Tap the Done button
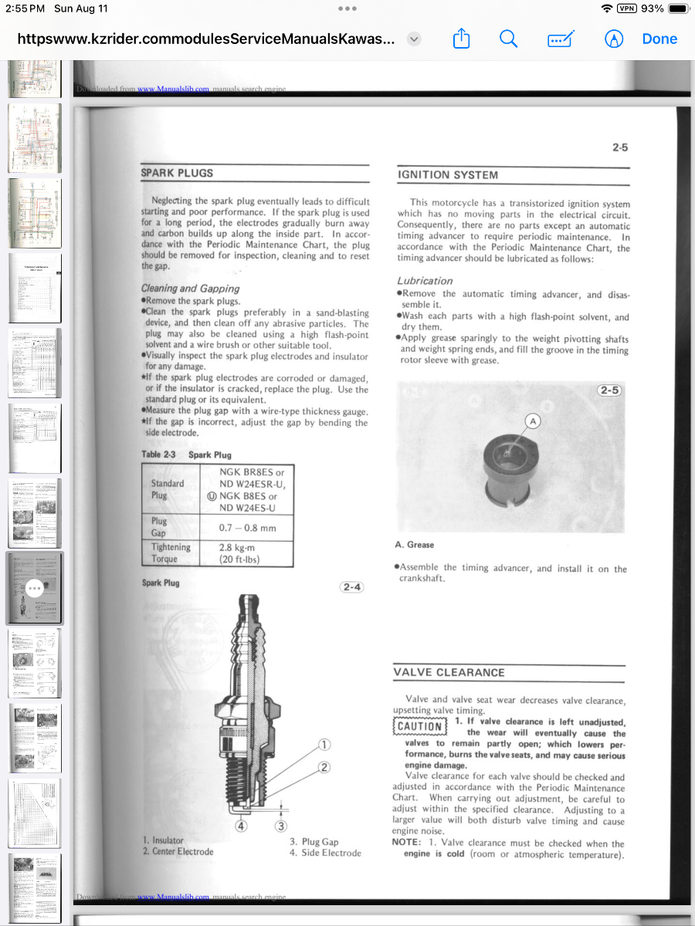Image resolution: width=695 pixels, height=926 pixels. [659, 39]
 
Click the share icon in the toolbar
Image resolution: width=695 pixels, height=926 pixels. [461, 39]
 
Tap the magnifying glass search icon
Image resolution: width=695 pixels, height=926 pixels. [508, 39]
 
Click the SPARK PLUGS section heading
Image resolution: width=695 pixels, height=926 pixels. [177, 173]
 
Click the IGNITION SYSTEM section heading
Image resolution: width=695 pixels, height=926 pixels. [448, 175]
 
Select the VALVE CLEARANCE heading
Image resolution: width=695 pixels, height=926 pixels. [449, 672]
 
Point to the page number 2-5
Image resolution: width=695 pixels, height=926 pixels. [619, 147]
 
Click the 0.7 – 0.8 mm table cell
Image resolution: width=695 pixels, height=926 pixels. [246, 528]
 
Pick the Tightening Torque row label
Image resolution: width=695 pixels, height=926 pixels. [171, 553]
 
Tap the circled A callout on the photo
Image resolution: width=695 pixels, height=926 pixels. [532, 421]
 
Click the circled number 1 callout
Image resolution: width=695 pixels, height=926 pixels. [324, 745]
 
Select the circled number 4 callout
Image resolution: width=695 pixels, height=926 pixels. [241, 826]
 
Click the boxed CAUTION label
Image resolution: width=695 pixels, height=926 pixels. [420, 726]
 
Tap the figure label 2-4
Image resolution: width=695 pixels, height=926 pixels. [351, 587]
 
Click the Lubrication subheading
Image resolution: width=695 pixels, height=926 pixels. [425, 281]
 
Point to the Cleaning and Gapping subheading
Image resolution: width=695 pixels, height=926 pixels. [190, 289]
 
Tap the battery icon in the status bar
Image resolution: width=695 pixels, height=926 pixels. [677, 8]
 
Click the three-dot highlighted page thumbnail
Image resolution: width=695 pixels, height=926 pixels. [34, 588]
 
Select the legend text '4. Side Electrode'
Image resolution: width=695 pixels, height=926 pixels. [325, 853]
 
